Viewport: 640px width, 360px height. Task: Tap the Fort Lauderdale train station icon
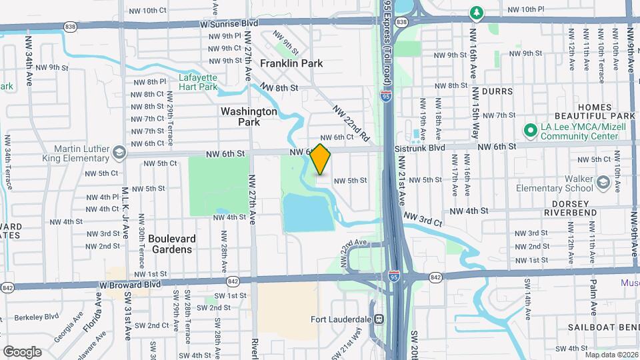(x=379, y=319)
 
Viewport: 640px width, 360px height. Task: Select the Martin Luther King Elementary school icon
(x=119, y=152)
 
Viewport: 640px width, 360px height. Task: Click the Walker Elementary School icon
(x=603, y=182)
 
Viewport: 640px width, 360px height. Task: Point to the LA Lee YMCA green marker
(x=531, y=130)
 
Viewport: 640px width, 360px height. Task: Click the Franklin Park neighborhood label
(x=291, y=63)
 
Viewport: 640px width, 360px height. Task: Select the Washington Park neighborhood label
(x=249, y=117)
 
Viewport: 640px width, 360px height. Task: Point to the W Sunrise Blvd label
(x=229, y=23)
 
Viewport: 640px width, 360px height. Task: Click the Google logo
(x=22, y=351)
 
